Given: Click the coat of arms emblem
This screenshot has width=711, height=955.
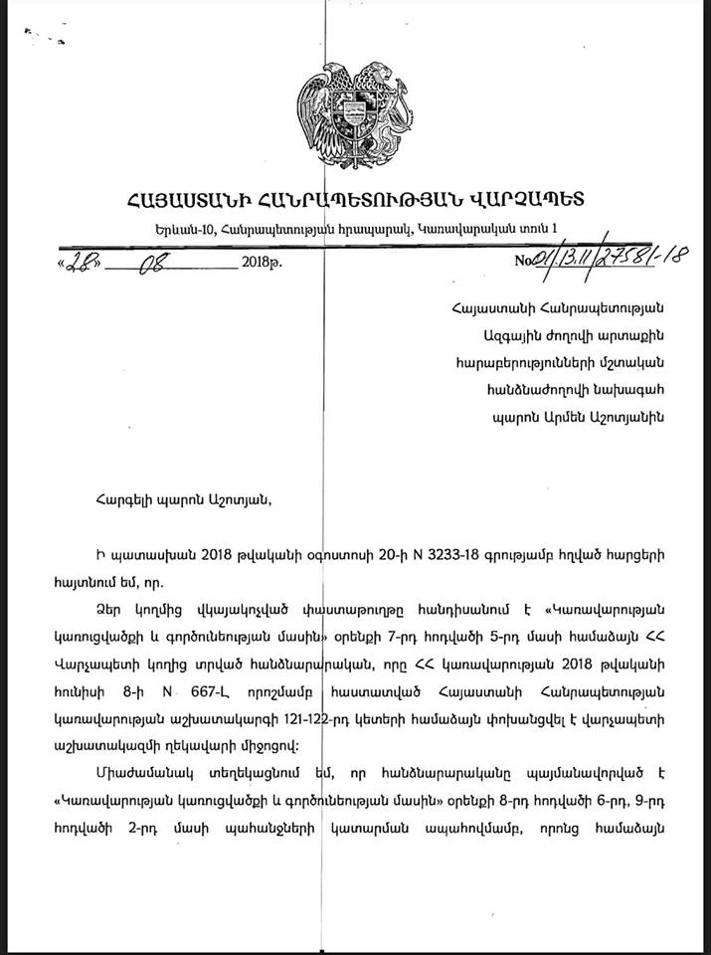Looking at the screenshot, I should click(x=358, y=113).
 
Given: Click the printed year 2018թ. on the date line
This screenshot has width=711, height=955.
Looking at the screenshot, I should click(x=262, y=266).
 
